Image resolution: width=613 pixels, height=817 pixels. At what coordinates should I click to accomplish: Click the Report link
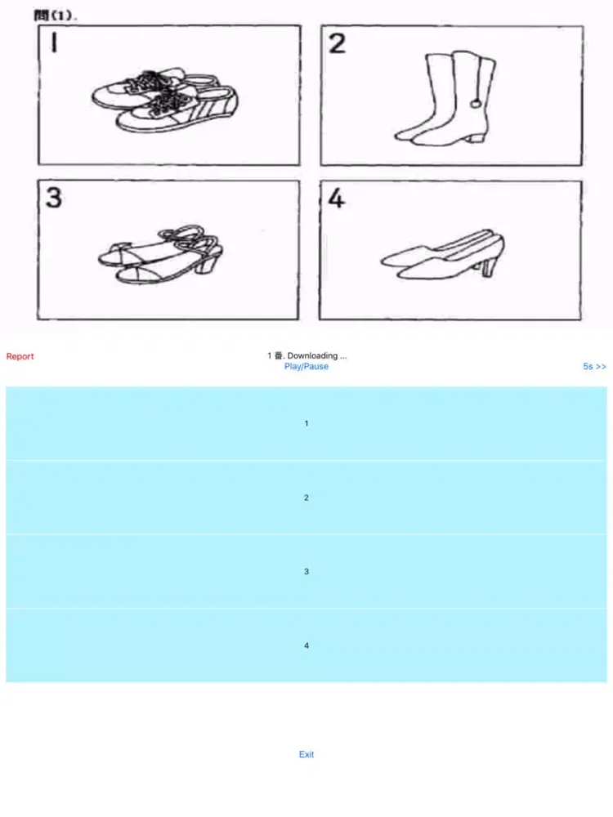click(20, 356)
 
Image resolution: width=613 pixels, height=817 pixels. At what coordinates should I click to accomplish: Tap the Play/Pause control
click(306, 366)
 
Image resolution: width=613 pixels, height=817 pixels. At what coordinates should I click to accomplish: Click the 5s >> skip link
click(594, 366)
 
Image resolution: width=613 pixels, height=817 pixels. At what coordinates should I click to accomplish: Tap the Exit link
click(306, 754)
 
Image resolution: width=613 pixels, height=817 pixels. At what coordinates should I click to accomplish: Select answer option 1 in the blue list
click(306, 423)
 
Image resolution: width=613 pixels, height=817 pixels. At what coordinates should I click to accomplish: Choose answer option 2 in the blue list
click(306, 498)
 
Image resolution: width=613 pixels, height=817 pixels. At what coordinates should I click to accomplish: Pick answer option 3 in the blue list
click(306, 572)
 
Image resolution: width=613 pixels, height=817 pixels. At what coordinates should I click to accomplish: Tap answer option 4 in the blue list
click(306, 645)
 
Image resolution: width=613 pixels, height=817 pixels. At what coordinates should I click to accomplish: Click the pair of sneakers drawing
click(165, 100)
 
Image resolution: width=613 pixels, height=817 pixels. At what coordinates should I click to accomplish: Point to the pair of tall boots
click(445, 98)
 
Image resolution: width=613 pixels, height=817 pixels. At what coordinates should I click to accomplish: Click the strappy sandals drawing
click(160, 255)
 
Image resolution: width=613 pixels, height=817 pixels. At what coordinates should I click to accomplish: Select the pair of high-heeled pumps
click(443, 255)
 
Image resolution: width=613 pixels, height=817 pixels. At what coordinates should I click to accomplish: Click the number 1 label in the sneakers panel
click(54, 42)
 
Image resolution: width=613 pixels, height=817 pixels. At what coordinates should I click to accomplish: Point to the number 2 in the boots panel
click(337, 43)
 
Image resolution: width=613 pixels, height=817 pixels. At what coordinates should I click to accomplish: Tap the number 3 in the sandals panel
click(54, 198)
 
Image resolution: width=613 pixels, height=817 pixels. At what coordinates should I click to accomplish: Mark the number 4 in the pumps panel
click(336, 198)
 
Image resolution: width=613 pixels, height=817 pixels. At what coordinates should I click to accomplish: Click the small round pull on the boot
click(476, 104)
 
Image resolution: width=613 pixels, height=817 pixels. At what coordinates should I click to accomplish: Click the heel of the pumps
click(488, 268)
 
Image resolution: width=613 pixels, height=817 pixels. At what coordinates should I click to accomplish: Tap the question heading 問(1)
click(56, 15)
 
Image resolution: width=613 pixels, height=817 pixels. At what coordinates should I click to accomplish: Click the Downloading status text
click(317, 356)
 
